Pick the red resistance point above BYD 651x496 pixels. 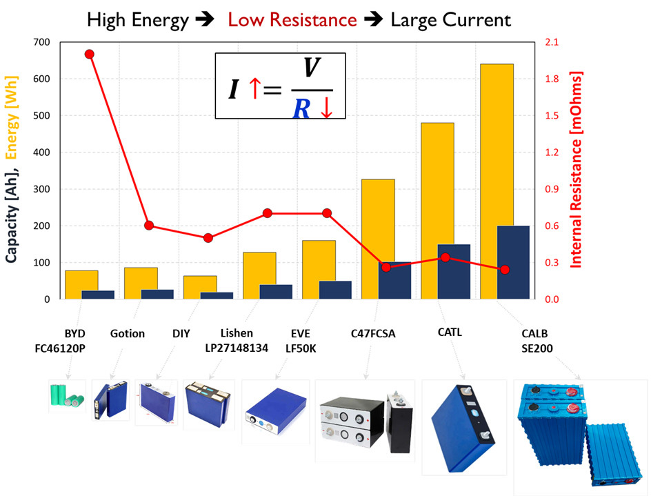pos(89,54)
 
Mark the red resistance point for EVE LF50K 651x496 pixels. pos(327,213)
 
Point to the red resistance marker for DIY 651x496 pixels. pos(208,238)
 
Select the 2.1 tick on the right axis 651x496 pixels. pos(553,43)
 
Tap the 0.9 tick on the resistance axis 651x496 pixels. pos(553,190)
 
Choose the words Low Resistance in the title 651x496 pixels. pos(292,20)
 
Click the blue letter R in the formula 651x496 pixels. pos(301,108)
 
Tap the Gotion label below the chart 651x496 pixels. pos(128,334)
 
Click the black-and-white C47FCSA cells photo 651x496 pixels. pos(364,419)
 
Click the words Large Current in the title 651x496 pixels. pos(451,20)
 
